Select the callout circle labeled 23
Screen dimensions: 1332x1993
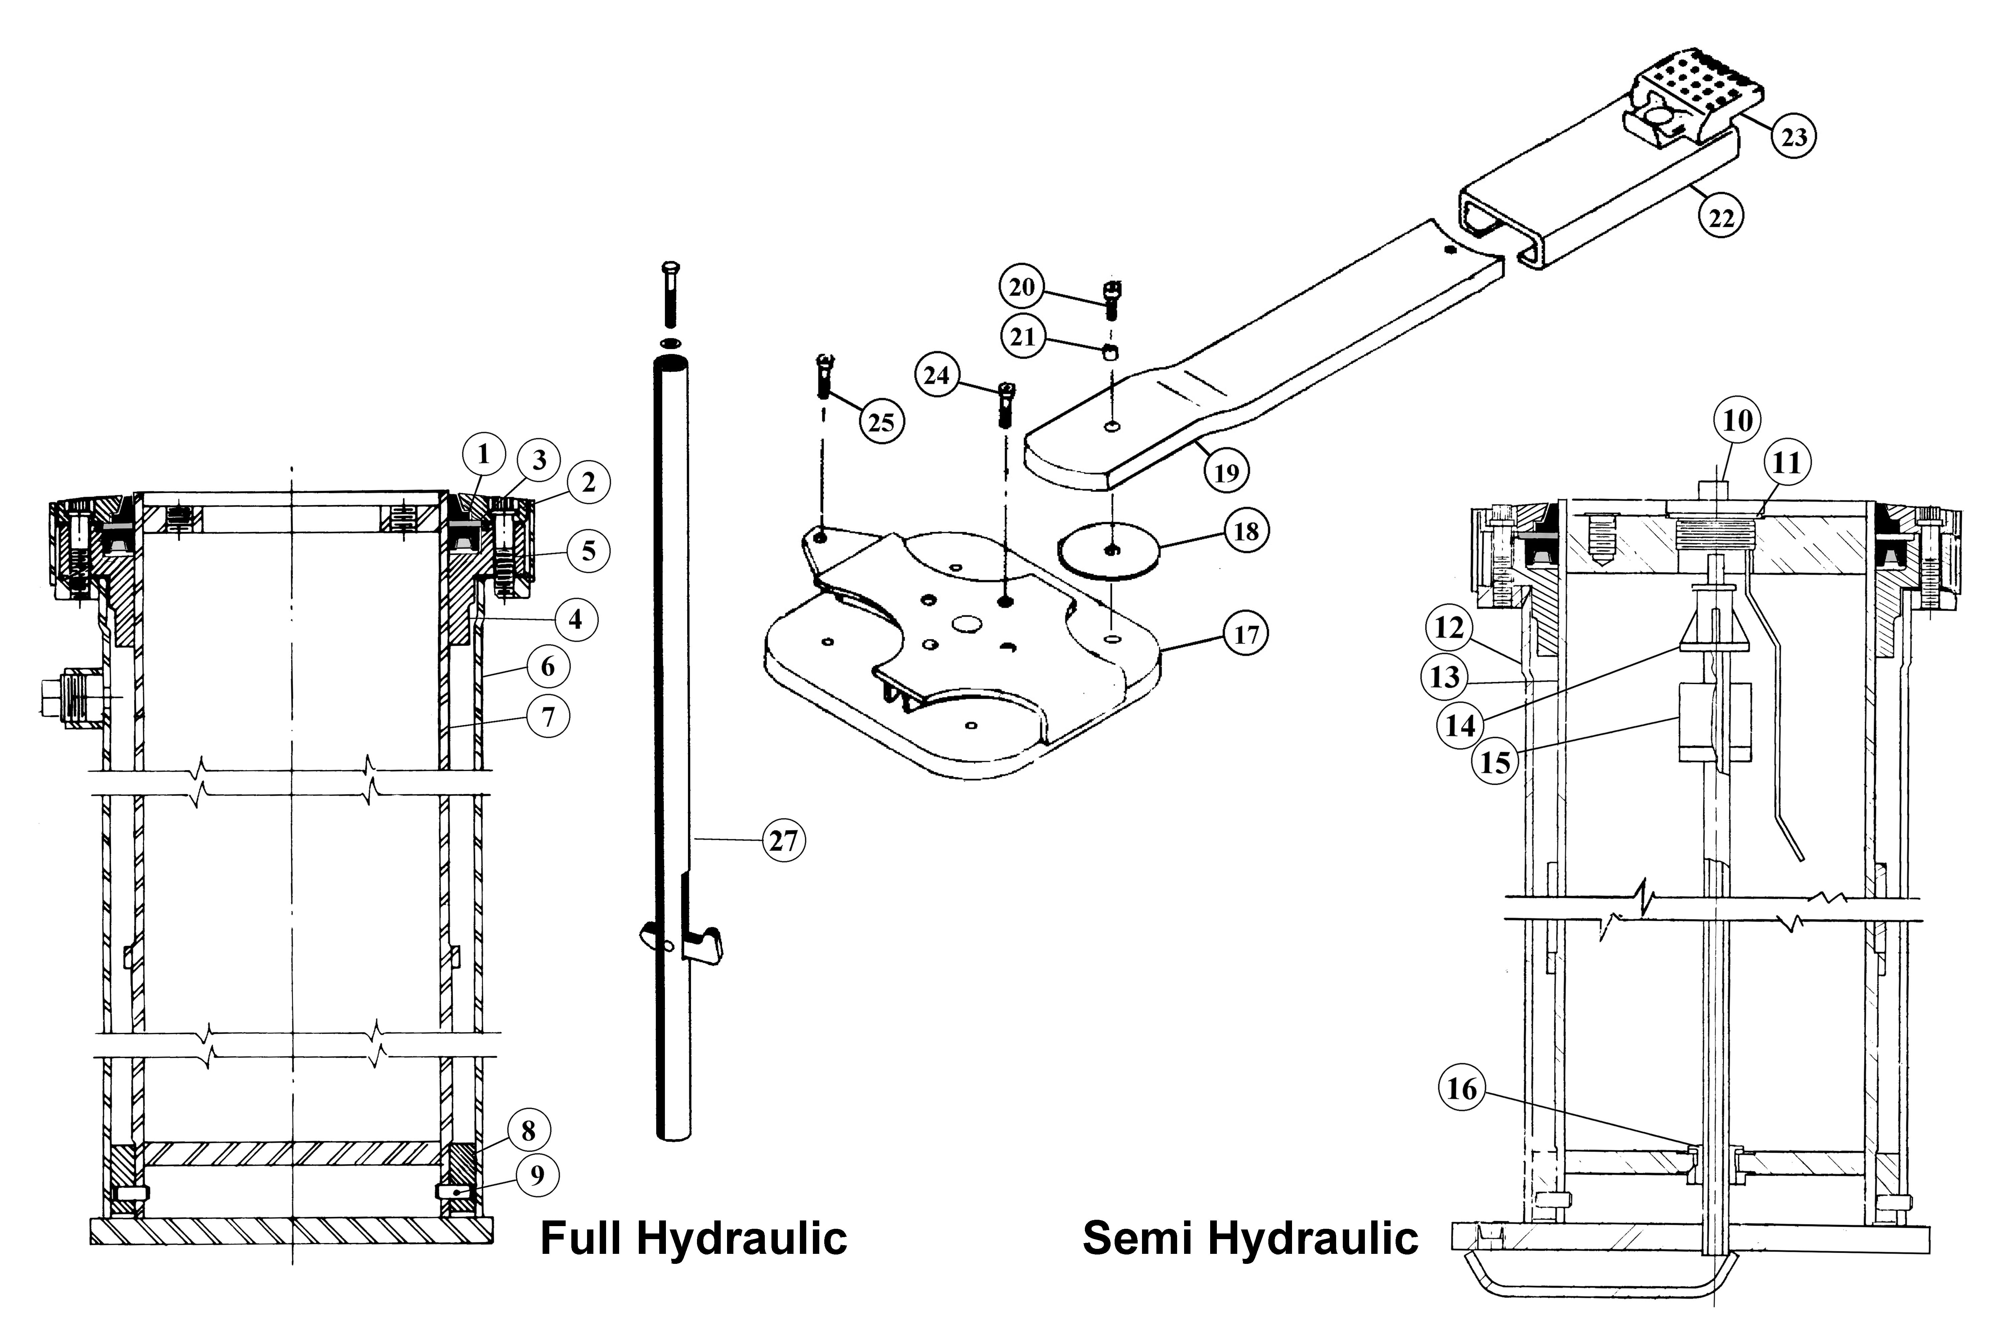pyautogui.click(x=1793, y=136)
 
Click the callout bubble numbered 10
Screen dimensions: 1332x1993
pyautogui.click(x=1737, y=420)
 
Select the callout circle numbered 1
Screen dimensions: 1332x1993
pyautogui.click(x=483, y=455)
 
